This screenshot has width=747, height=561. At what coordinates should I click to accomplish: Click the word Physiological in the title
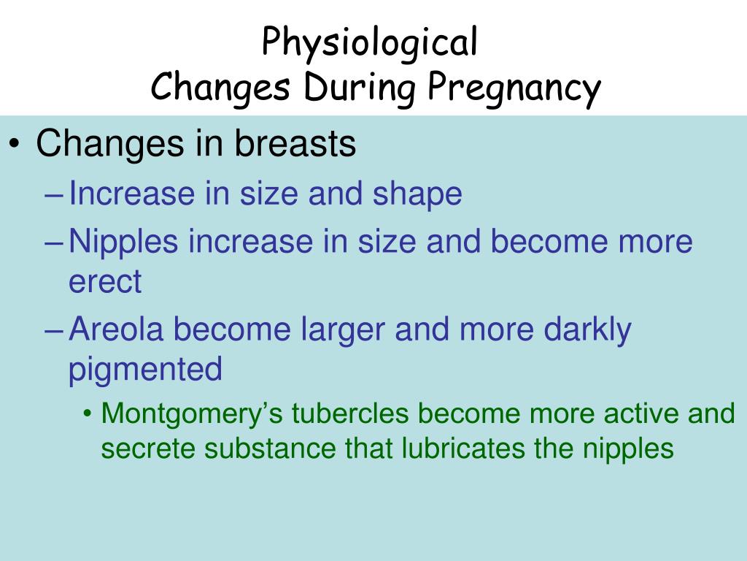(370, 42)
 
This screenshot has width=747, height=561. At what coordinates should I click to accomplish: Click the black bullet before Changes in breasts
(15, 145)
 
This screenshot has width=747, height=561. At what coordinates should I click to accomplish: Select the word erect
(105, 282)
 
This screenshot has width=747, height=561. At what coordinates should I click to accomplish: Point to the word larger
(341, 330)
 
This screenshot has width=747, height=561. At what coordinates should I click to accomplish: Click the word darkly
(588, 330)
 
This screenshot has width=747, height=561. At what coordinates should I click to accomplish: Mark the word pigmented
(145, 370)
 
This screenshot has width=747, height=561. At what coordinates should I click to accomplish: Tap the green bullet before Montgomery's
(88, 415)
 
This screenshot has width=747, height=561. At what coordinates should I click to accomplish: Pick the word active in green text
(642, 414)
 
